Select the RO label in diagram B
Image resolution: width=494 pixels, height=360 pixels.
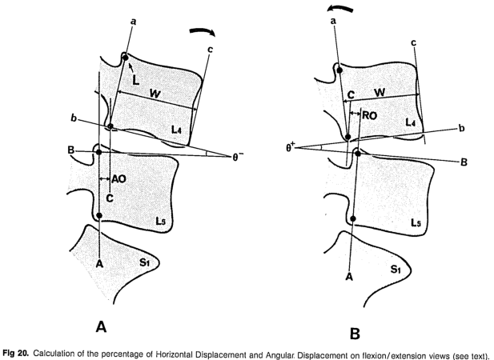(x=369, y=115)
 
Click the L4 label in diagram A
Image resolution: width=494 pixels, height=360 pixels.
(x=176, y=129)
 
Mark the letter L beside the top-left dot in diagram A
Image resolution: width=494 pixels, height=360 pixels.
(x=137, y=82)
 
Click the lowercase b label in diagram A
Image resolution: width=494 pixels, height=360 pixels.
(x=74, y=119)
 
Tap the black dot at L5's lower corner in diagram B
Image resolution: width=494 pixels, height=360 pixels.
(x=353, y=218)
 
